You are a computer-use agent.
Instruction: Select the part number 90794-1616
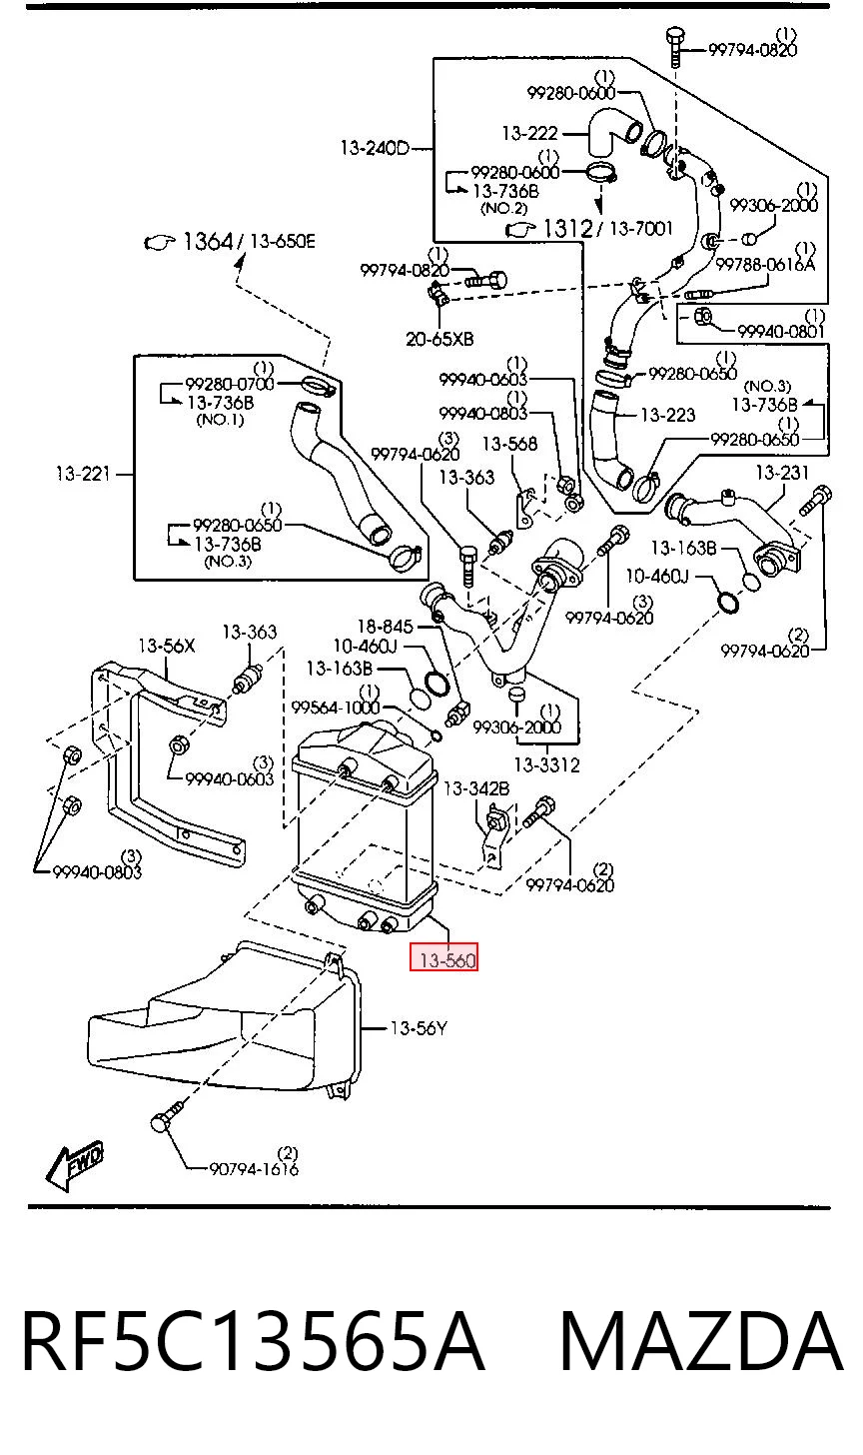pos(254,1169)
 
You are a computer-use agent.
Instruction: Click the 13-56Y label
pos(419,1028)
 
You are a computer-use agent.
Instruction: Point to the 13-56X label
pos(166,646)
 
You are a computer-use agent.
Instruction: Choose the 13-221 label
pos(84,474)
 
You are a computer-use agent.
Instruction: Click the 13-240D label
pos(375,148)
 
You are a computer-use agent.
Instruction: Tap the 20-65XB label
pos(439,339)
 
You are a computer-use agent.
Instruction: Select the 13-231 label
pos(782,473)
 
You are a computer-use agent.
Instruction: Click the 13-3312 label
pos(546,764)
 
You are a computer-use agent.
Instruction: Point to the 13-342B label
pos(476,788)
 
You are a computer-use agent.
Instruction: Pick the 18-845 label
pos(386,627)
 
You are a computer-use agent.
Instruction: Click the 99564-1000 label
pos(336,708)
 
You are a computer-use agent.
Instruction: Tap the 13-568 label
pos(509,444)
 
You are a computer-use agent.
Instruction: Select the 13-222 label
pos(529,133)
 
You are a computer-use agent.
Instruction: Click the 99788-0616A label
pos(765,265)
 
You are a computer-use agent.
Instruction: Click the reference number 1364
pos(207,242)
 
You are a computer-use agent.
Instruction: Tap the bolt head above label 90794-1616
pos(159,1122)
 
